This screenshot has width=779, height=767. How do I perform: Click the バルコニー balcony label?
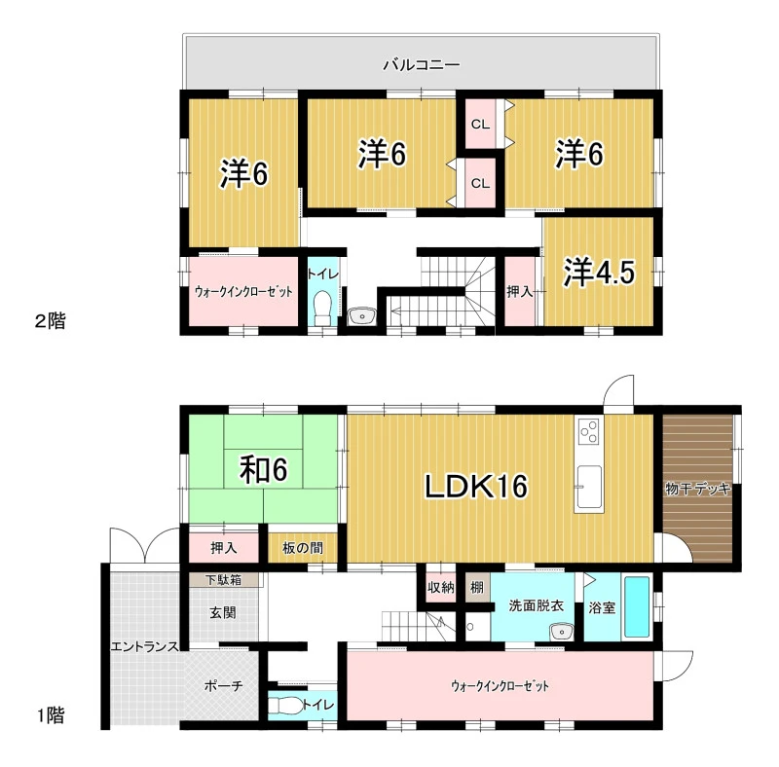tap(422, 64)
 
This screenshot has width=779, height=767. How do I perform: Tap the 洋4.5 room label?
tap(599, 273)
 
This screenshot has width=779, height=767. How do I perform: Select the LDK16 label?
tap(476, 486)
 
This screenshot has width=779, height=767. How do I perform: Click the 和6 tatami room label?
tap(263, 469)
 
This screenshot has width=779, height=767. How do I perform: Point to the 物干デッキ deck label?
tap(697, 489)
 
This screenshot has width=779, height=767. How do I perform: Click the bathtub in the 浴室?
tap(637, 606)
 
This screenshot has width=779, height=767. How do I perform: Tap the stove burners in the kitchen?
tap(589, 430)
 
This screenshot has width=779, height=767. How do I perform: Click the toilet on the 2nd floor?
tap(323, 304)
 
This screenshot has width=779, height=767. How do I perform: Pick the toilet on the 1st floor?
tap(284, 706)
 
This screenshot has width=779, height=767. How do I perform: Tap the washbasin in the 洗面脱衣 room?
tap(562, 632)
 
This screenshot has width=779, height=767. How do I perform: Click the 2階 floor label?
tap(51, 321)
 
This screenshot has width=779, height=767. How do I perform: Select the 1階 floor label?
tap(51, 715)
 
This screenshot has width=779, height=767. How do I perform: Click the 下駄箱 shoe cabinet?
tap(224, 580)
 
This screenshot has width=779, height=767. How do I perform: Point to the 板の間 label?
tap(303, 548)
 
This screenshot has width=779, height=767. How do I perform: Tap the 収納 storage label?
tap(441, 588)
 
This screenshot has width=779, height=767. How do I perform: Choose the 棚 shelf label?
tap(477, 587)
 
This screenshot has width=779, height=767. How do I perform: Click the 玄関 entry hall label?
tap(223, 612)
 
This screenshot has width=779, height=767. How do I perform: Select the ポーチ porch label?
tap(224, 686)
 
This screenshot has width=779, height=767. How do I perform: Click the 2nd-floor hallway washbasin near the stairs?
tap(362, 316)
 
